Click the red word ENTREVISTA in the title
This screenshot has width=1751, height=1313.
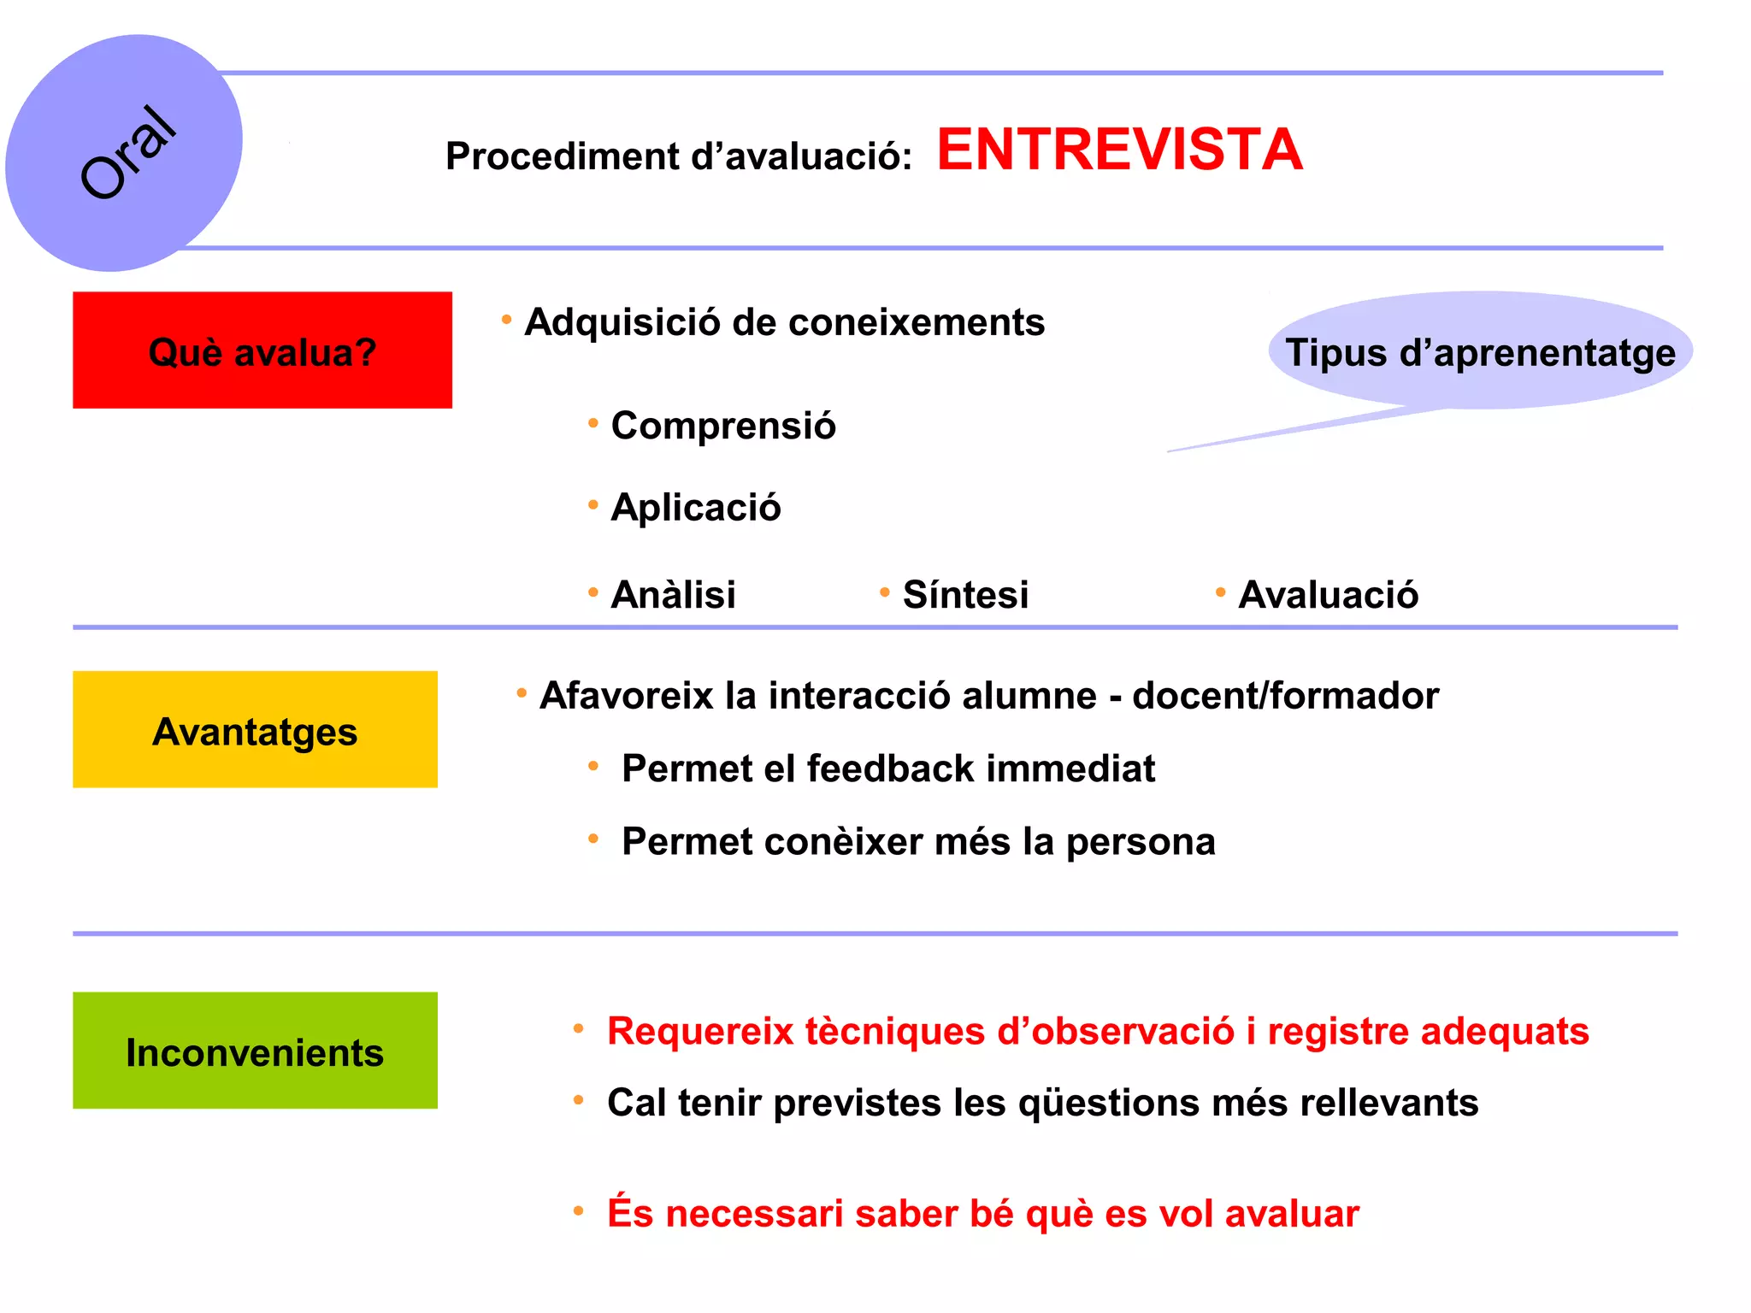(1119, 150)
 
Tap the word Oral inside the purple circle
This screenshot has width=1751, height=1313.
(128, 152)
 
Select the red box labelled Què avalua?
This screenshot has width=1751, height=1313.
(262, 350)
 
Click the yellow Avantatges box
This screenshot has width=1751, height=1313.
(255, 729)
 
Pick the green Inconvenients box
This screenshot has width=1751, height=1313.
(255, 1051)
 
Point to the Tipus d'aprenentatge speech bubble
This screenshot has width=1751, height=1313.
(1480, 351)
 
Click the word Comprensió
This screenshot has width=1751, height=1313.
(723, 426)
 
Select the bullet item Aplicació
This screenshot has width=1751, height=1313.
(696, 508)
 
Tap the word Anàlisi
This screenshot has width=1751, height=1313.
(674, 595)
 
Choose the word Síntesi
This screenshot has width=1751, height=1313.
(965, 595)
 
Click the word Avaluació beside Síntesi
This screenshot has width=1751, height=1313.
(1328, 595)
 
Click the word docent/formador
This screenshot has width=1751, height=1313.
(1285, 696)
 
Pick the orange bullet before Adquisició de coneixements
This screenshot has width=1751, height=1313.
(506, 320)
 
